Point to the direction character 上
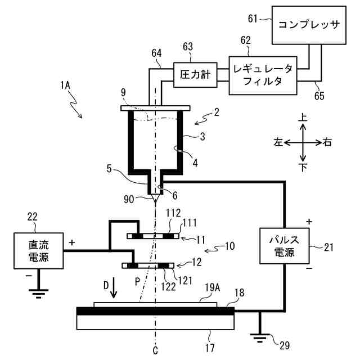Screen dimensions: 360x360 pyautogui.click(x=303, y=118)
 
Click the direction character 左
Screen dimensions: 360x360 pyautogui.click(x=277, y=142)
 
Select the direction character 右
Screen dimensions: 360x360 pyautogui.click(x=328, y=142)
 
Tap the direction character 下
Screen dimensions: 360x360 pyautogui.click(x=303, y=167)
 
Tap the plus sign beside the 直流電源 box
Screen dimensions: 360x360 pyautogui.click(x=72, y=242)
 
